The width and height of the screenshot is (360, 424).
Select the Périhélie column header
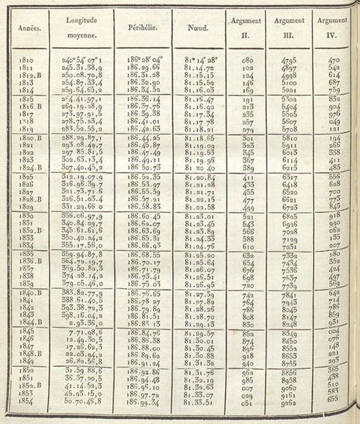pos(143,30)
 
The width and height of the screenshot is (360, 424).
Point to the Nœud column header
pos(198,30)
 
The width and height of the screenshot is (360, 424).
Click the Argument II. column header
pos(245,31)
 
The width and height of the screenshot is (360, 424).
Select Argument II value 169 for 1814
pos(247,90)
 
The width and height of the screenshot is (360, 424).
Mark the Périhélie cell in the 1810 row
pos(142,61)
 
